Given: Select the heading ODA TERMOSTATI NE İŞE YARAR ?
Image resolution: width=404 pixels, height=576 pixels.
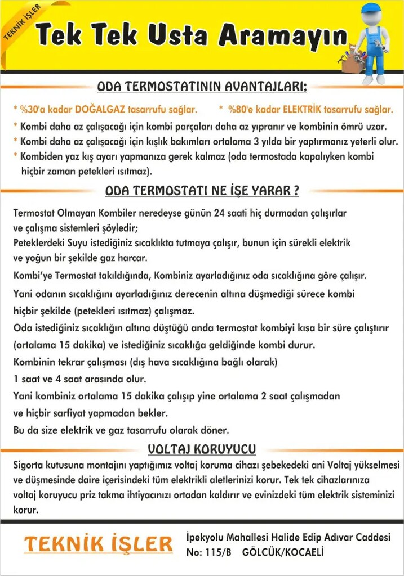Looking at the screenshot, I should coord(202,191).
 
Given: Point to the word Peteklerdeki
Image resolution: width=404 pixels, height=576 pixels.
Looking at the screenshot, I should coord(37,243).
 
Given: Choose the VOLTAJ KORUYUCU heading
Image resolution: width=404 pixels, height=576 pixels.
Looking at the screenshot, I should coord(202,449).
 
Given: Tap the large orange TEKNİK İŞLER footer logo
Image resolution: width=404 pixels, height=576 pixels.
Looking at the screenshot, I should coord(99,544).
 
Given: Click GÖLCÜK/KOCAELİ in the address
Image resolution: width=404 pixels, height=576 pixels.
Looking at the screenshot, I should coord(283,553).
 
